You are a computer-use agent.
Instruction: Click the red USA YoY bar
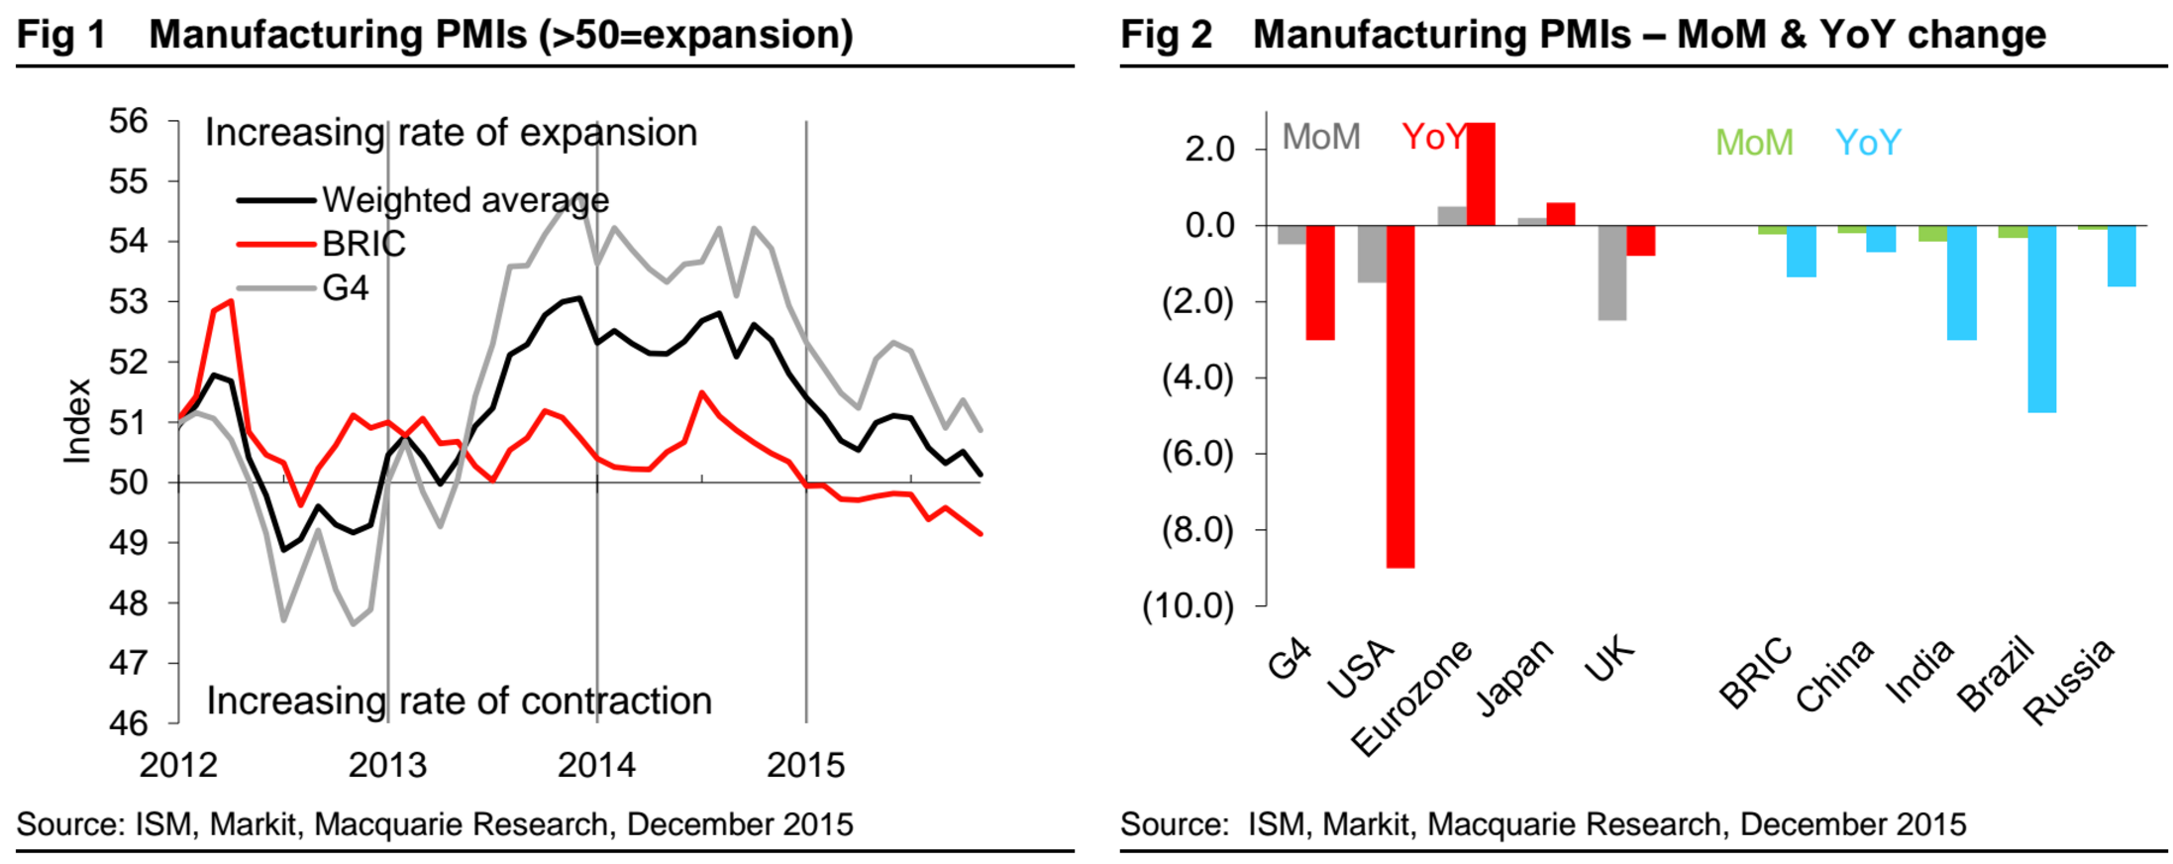(x=1399, y=396)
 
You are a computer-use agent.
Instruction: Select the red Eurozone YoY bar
(x=1481, y=174)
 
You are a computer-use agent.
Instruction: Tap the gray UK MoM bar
(x=1611, y=272)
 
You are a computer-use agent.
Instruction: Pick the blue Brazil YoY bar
(x=2041, y=318)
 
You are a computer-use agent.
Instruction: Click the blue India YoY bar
(x=1961, y=282)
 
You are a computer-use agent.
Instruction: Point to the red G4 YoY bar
(x=1319, y=282)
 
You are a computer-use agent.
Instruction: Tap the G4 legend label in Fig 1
(x=345, y=287)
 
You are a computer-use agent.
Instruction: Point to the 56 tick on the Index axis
(x=128, y=121)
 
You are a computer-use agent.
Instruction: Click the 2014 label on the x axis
(x=596, y=765)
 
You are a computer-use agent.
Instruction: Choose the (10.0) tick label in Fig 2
(x=1189, y=605)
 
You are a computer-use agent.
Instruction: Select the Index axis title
(x=77, y=421)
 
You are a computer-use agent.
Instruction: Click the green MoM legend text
(x=1754, y=143)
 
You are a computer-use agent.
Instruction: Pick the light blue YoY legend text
(x=1868, y=143)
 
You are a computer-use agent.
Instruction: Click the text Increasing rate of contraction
(x=459, y=702)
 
